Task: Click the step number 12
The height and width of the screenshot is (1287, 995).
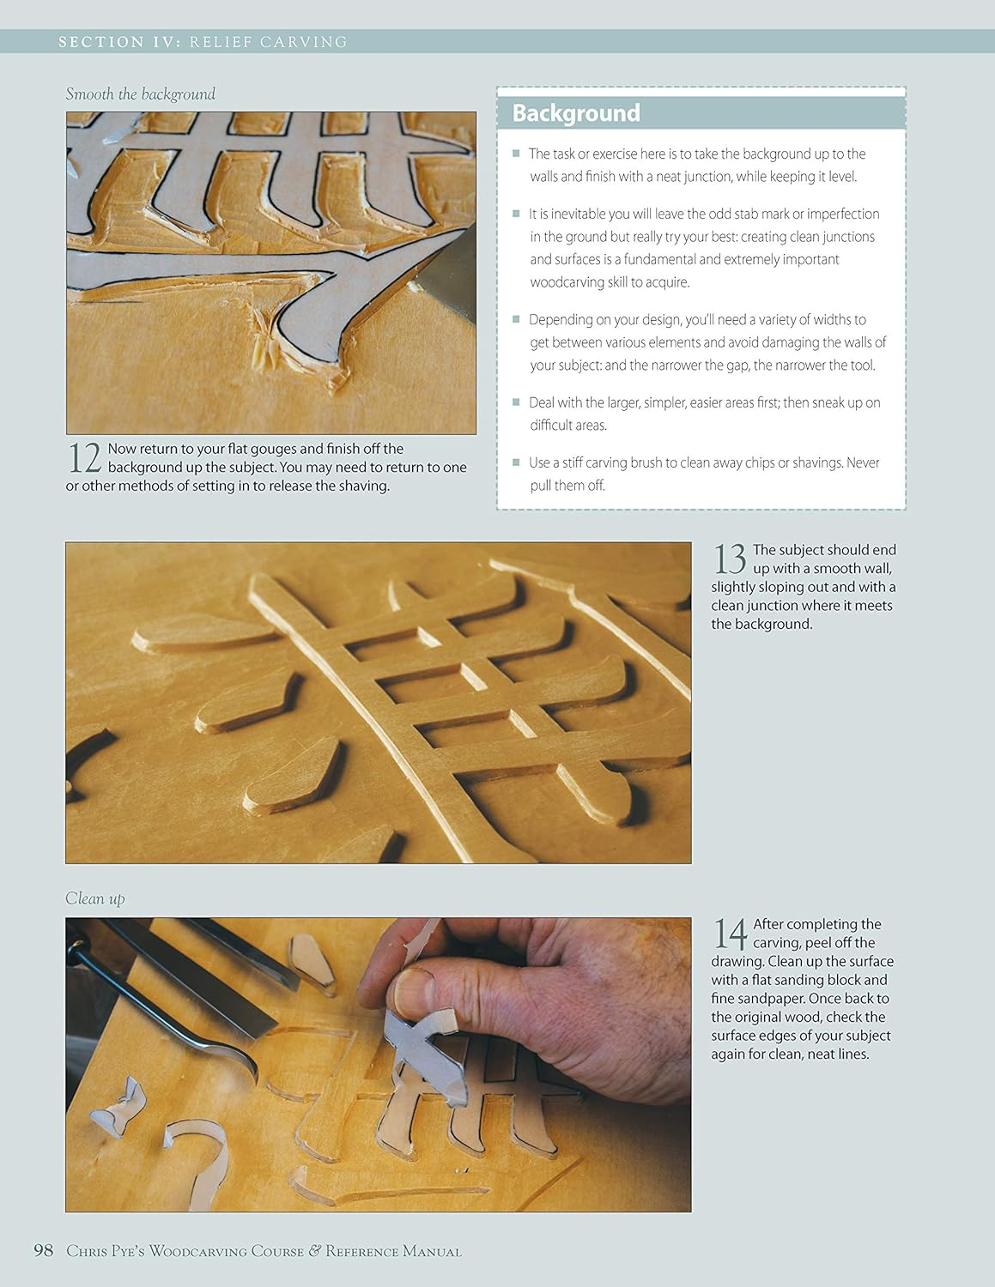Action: tap(84, 457)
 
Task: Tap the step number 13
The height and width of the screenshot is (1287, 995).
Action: tap(730, 559)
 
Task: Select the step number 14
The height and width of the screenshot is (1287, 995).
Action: tap(730, 933)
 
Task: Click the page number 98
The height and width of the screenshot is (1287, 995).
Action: tap(44, 1250)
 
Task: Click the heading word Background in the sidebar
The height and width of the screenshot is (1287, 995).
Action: tap(576, 113)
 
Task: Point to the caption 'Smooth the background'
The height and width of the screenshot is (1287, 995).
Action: tap(140, 94)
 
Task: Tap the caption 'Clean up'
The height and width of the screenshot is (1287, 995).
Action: tap(94, 898)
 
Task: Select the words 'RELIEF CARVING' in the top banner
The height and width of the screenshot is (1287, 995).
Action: tap(268, 42)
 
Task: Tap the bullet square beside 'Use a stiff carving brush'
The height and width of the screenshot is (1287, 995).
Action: tap(516, 462)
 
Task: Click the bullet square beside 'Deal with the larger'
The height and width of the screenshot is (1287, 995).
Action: tap(516, 402)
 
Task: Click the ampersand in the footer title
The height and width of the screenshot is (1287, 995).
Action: tap(314, 1251)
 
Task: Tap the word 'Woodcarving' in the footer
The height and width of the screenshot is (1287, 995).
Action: tap(197, 1251)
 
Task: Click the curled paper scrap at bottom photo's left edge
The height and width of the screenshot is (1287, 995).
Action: tap(118, 1107)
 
